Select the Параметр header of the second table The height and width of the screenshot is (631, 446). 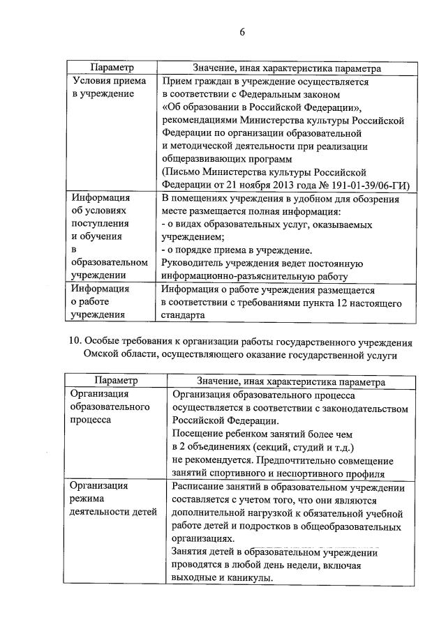[x=114, y=381]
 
